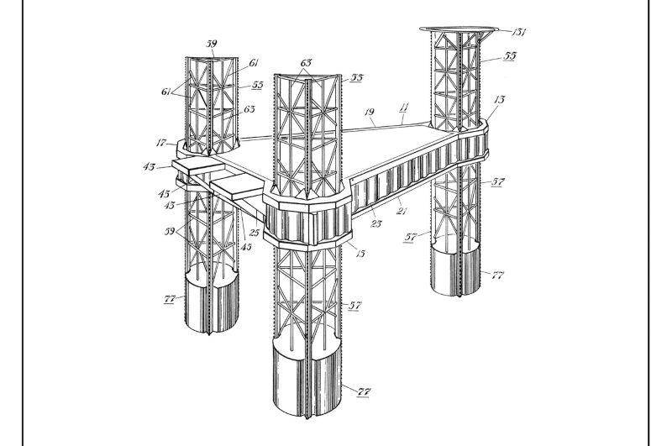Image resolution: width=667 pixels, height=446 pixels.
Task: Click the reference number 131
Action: (x=519, y=32)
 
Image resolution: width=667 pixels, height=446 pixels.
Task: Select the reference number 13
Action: (x=499, y=99)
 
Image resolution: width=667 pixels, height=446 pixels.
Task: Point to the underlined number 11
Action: (x=404, y=108)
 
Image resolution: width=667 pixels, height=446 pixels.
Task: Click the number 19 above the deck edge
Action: (x=370, y=112)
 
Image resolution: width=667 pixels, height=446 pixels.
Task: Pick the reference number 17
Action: (x=160, y=143)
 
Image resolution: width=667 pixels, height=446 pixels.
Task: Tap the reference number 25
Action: (x=254, y=233)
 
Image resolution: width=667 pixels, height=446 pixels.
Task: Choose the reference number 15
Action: (x=360, y=254)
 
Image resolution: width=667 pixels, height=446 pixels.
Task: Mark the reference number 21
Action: (x=402, y=211)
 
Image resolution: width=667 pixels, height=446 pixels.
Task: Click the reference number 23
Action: (x=376, y=223)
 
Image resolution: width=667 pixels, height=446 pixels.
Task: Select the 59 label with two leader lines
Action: (x=170, y=232)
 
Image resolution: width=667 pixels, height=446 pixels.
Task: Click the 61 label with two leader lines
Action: (x=166, y=92)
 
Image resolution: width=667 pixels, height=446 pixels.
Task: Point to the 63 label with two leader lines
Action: (x=306, y=63)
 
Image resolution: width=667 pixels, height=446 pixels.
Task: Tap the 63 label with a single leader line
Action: (x=249, y=109)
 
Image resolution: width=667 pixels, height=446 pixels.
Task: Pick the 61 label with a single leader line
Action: (x=254, y=63)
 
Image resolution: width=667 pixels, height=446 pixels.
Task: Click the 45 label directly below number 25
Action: (x=246, y=247)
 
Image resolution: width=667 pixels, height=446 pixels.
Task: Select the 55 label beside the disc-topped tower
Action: (x=510, y=55)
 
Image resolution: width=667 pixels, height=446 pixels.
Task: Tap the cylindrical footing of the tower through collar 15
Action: (x=307, y=379)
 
